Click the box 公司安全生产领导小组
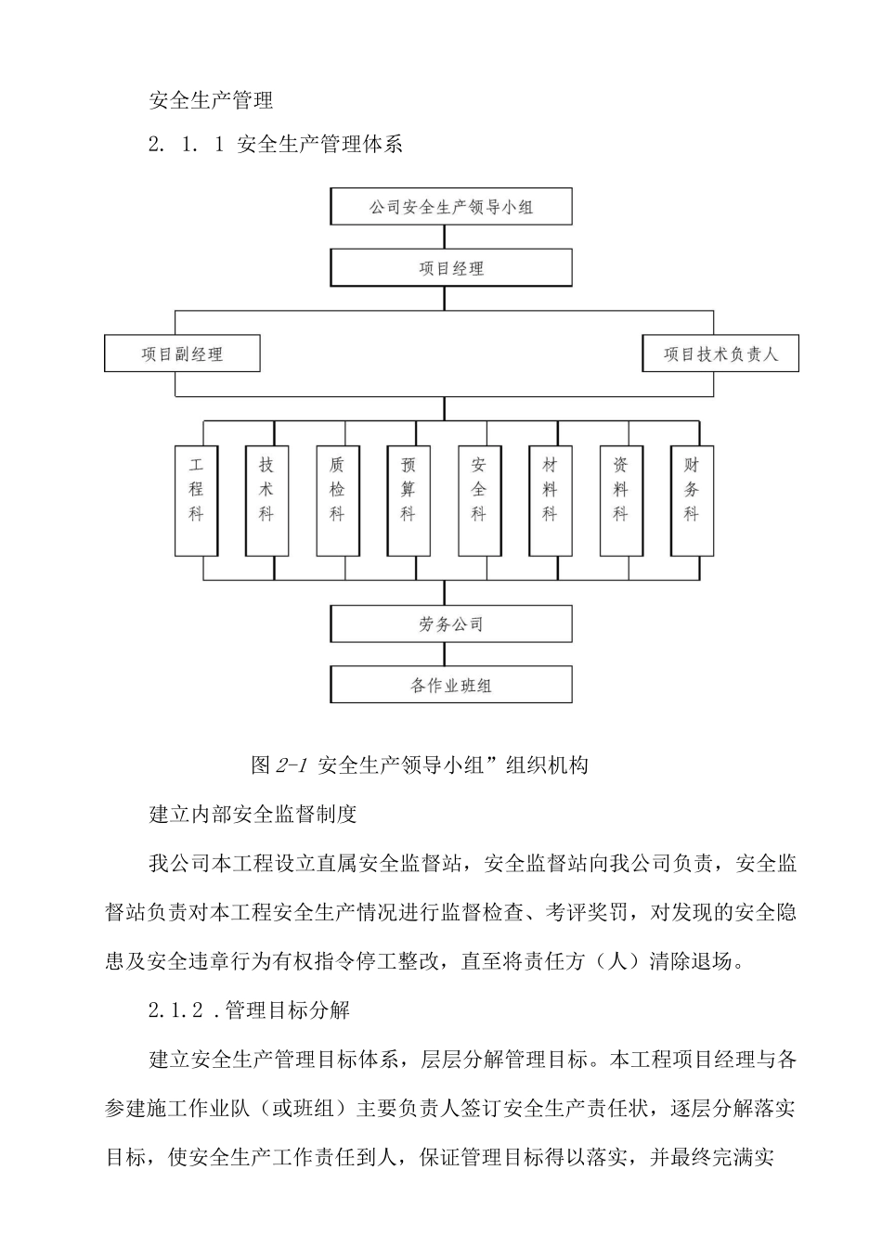(451, 207)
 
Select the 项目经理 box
(451, 268)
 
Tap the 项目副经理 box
(182, 354)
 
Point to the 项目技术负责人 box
(720, 354)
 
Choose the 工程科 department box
(196, 501)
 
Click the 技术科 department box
(266, 501)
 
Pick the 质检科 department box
(337, 501)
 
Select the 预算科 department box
(408, 501)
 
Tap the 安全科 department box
(479, 501)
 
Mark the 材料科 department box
(550, 501)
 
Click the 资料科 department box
(620, 501)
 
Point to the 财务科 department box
(692, 501)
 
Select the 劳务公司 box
(451, 623)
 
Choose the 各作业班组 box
(451, 686)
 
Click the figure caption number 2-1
(292, 765)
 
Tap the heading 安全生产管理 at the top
(211, 98)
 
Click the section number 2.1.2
(175, 1009)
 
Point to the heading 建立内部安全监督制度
(253, 815)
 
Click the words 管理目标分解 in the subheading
(288, 1009)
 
